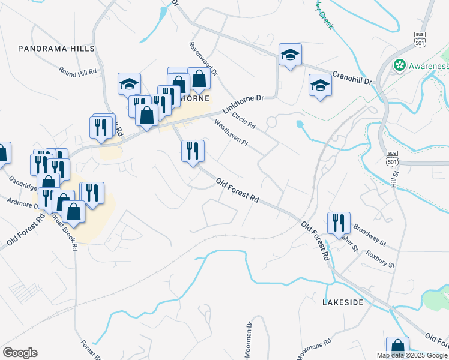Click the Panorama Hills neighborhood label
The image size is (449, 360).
click(56, 48)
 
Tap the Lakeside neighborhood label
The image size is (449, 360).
click(343, 302)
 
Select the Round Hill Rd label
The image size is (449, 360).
click(78, 71)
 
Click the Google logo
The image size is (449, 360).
click(20, 353)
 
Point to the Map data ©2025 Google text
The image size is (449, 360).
click(411, 355)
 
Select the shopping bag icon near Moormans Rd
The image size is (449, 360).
click(397, 347)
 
